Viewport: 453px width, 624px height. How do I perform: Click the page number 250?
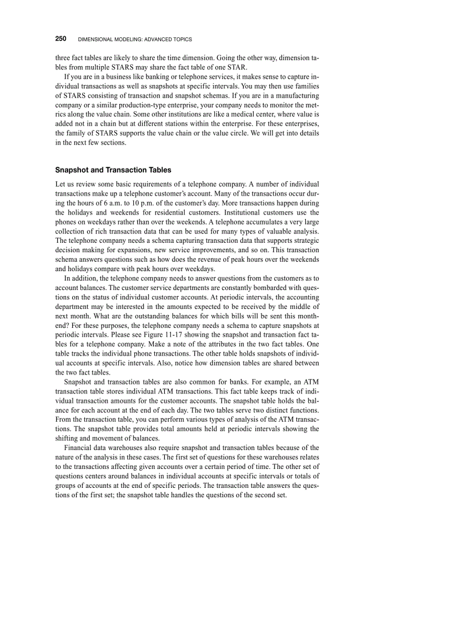tap(61, 39)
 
